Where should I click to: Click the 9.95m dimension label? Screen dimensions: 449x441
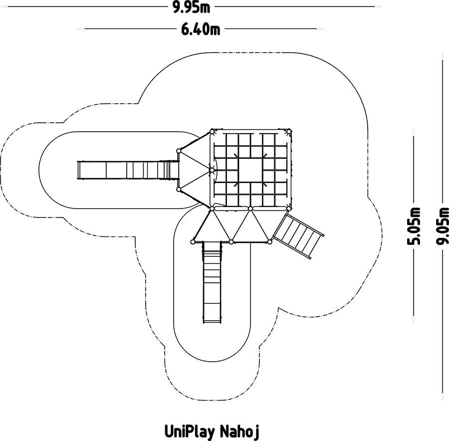click(x=191, y=7)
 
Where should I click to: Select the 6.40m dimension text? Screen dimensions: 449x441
click(x=201, y=29)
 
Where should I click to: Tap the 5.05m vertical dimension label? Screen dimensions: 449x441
click(x=414, y=226)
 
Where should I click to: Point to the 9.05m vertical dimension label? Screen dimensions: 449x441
click(x=443, y=226)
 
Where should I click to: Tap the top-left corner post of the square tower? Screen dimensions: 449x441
click(x=212, y=132)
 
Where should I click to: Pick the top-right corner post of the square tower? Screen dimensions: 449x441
click(x=289, y=132)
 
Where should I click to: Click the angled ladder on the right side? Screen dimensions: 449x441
click(x=299, y=236)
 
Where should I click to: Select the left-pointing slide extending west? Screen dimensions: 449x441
click(x=128, y=171)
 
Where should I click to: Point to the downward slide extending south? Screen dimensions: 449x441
click(x=212, y=282)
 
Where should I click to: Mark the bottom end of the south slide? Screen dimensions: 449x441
click(x=212, y=322)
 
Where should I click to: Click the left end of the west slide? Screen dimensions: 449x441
click(x=78, y=171)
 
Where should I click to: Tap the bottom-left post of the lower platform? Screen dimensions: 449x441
click(x=193, y=242)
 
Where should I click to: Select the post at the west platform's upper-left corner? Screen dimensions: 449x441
click(x=179, y=151)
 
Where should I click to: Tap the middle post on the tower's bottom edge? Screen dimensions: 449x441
click(x=250, y=209)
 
